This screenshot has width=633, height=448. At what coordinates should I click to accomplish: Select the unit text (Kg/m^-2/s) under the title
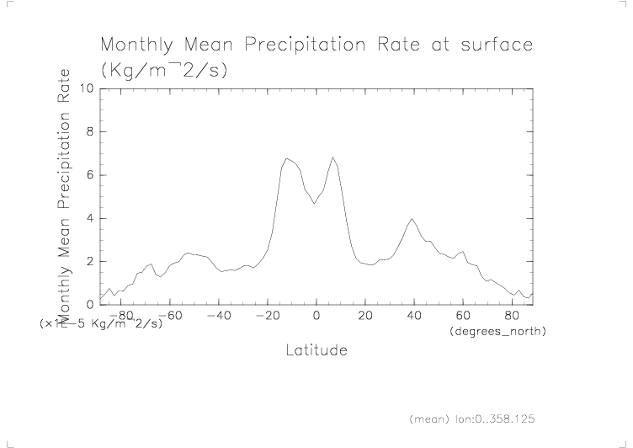pos(163,71)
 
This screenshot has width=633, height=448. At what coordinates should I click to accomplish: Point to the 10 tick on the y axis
pos(87,88)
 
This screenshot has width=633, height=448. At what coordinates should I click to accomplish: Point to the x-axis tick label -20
pos(267,317)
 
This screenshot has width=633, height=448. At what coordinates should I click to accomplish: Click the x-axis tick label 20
pos(364,317)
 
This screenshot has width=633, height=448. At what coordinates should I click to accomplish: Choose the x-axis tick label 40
pos(413,317)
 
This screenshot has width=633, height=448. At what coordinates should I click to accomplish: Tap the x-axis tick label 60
pos(462,317)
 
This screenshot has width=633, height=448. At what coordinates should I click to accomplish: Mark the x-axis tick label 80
pos(511,317)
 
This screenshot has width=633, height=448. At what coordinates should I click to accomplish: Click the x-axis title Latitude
pos(316,349)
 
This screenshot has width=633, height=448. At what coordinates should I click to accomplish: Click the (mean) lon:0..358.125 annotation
pos(472,419)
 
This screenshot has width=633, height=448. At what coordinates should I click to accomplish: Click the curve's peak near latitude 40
pos(412,219)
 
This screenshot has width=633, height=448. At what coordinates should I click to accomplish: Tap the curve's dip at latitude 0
pos(315,203)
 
